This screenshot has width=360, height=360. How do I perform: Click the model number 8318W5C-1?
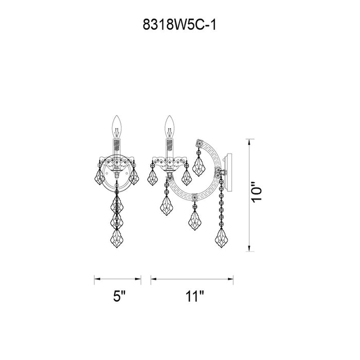coord(179,25)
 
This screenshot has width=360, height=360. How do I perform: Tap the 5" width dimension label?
coord(119,296)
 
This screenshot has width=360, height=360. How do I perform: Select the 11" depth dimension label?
coord(195,296)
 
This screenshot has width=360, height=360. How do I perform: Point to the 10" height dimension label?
coord(257,192)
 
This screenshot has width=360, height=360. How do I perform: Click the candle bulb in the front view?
coord(117,127)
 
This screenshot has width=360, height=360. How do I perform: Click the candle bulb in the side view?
coord(169,127)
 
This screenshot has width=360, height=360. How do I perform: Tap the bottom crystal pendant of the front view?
coord(117,238)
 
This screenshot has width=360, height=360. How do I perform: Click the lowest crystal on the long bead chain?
coord(221,238)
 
